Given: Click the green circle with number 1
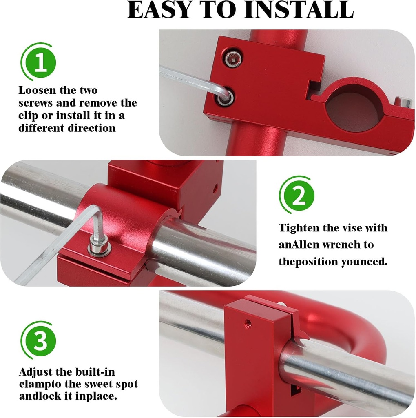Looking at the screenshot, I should (40, 64).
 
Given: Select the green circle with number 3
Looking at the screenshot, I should (40, 341).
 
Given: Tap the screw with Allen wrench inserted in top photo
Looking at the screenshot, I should (225, 97).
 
